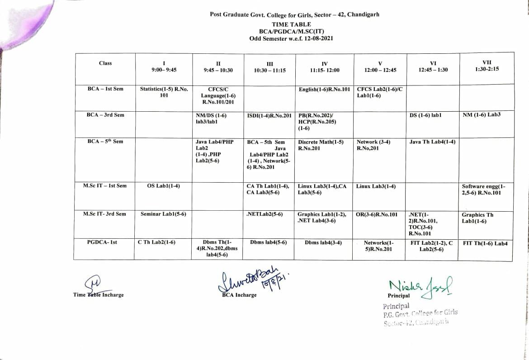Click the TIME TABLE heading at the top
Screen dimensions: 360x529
click(291, 24)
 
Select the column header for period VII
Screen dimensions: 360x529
click(486, 66)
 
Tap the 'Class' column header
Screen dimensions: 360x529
click(105, 63)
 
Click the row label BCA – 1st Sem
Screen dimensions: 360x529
click(105, 89)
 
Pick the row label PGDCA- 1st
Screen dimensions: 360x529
click(102, 242)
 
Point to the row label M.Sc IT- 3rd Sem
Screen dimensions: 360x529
click(104, 214)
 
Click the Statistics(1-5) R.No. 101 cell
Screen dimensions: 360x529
click(164, 92)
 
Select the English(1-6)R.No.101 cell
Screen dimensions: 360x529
click(324, 90)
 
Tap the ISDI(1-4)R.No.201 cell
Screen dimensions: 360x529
click(269, 115)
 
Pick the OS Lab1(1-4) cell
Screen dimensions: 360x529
click(164, 186)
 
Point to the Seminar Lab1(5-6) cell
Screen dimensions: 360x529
click(164, 214)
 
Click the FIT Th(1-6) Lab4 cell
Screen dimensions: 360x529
click(485, 243)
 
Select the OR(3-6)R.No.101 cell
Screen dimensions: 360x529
click(377, 214)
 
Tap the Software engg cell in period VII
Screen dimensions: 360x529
click(484, 189)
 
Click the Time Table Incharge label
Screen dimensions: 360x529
click(98, 295)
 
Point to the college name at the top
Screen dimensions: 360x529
click(294, 14)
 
